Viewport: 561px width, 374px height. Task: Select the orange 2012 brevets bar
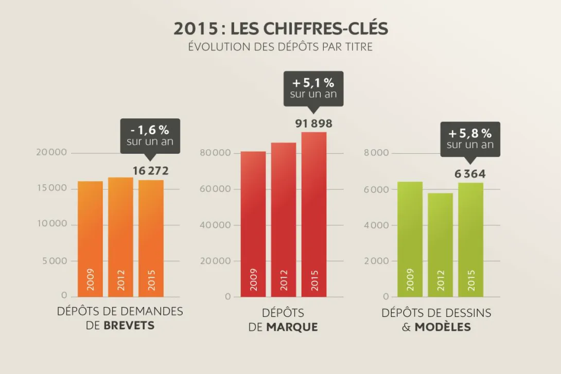pyautogui.click(x=120, y=237)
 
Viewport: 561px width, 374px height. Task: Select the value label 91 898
pyautogui.click(x=314, y=123)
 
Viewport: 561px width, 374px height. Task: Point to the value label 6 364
pyautogui.click(x=470, y=174)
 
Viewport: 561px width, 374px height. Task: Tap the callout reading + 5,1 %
pyautogui.click(x=313, y=88)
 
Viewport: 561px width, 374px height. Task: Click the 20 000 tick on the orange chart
pyautogui.click(x=52, y=152)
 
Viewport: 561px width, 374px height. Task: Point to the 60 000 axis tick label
pyautogui.click(x=215, y=189)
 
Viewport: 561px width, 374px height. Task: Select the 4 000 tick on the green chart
pyautogui.click(x=376, y=225)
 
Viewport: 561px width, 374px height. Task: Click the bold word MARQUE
pyautogui.click(x=292, y=327)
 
